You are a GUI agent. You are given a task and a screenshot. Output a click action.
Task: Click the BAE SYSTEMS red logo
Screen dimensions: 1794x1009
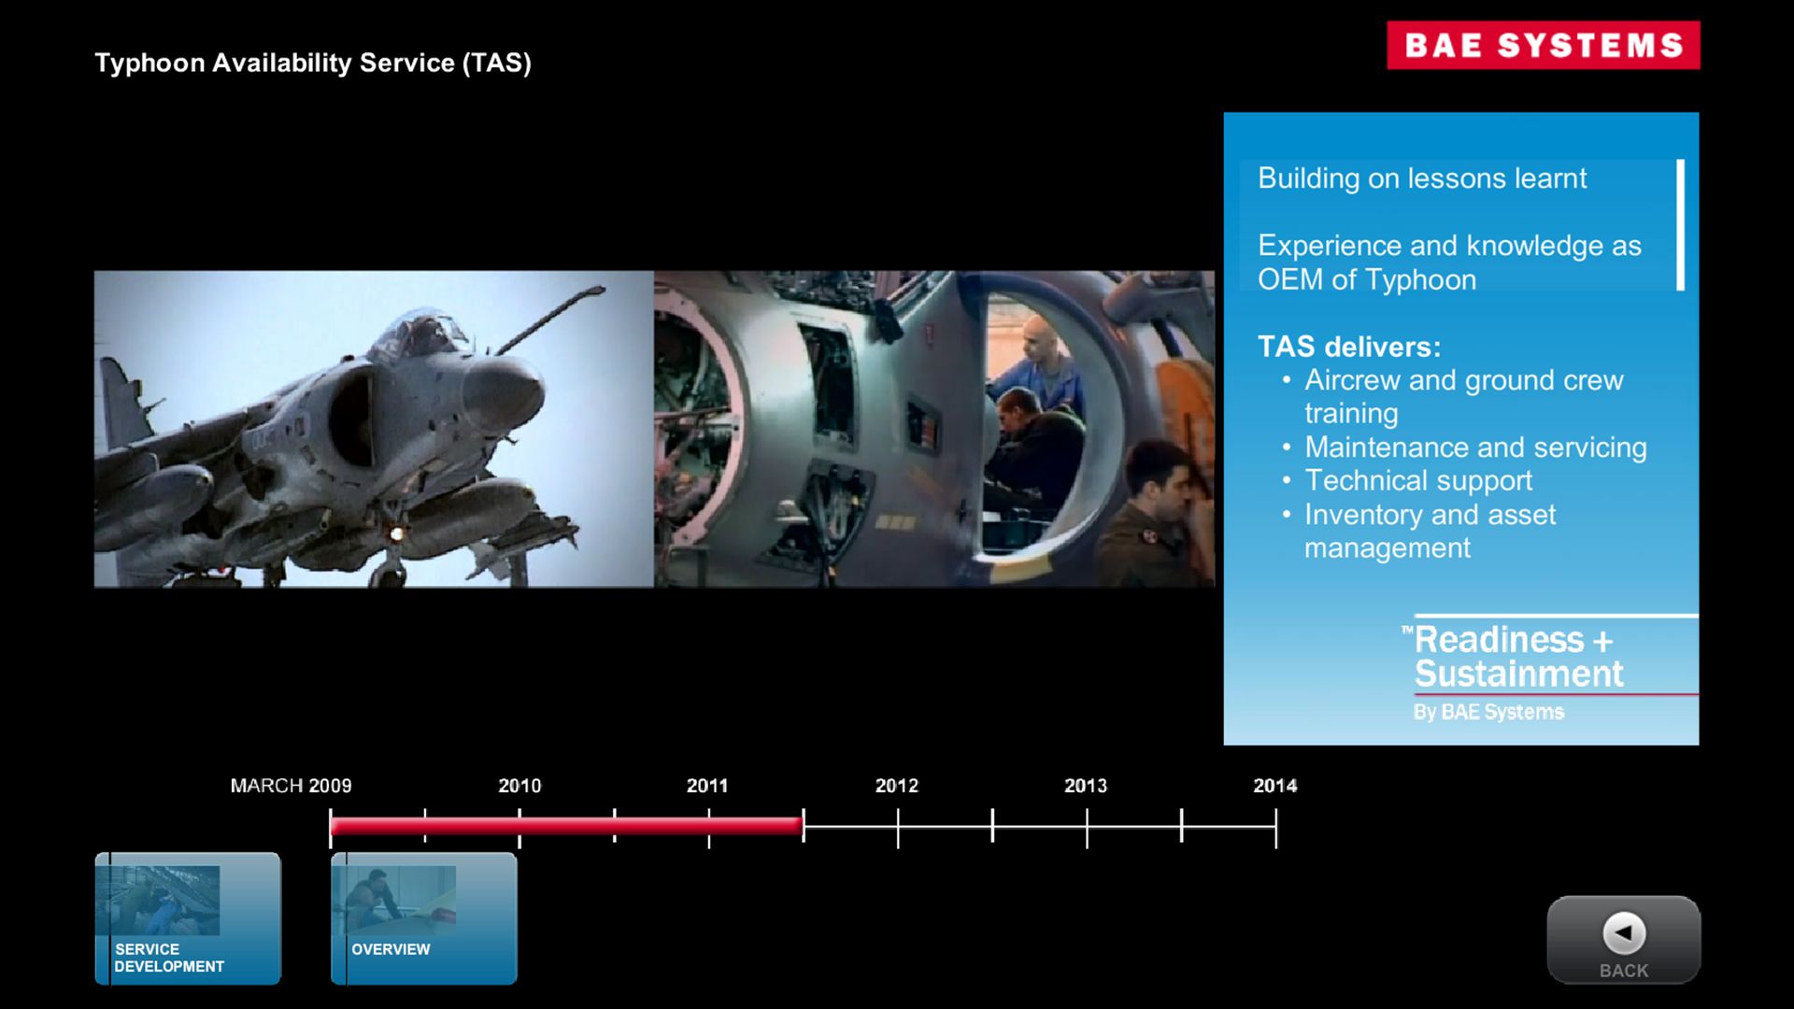point(1543,45)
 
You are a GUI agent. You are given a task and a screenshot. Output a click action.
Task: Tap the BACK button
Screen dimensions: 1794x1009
point(1624,940)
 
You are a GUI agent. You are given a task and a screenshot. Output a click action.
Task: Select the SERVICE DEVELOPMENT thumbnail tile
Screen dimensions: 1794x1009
point(188,918)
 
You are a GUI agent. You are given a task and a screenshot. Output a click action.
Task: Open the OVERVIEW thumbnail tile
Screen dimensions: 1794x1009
point(424,918)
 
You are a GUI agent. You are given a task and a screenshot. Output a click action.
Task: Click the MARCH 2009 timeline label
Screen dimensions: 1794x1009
point(292,786)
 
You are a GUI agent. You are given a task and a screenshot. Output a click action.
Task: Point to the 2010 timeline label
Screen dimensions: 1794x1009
point(520,786)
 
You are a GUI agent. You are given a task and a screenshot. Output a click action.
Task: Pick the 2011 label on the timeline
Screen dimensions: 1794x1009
point(707,786)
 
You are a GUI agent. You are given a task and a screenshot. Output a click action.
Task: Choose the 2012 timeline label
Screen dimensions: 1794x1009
point(897,786)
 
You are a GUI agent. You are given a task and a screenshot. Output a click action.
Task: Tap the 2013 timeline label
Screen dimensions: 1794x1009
point(1086,786)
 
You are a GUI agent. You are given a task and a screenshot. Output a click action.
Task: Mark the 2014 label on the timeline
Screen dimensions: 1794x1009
point(1275,786)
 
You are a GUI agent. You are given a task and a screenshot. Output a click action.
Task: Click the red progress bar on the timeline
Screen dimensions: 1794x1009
point(566,826)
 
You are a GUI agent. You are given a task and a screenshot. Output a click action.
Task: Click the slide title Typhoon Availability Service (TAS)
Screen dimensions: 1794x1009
point(313,63)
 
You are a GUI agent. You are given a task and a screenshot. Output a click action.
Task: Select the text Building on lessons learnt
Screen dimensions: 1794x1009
point(1422,178)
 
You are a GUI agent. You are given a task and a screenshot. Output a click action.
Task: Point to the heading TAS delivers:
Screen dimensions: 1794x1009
point(1349,347)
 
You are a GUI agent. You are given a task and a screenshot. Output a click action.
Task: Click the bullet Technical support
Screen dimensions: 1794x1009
point(1418,480)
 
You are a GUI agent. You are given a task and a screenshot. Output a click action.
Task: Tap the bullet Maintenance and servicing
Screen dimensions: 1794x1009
point(1475,448)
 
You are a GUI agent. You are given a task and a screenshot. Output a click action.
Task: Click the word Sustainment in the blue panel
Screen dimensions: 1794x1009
point(1519,674)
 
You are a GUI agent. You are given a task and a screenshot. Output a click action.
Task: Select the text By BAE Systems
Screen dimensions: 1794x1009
point(1488,712)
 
